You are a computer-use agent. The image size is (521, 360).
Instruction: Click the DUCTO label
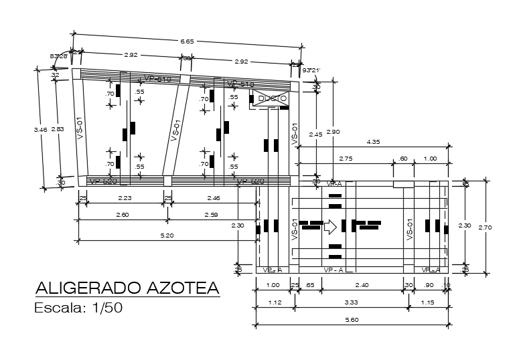[x=273, y=98]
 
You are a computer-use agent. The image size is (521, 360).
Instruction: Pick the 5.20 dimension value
[x=167, y=235]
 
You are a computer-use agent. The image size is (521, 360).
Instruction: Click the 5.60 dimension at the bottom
[x=352, y=320]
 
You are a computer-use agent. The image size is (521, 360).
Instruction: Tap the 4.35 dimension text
[x=374, y=141]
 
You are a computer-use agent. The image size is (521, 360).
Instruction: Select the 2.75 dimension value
[x=346, y=158]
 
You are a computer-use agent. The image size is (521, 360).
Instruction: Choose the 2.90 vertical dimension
[x=328, y=132]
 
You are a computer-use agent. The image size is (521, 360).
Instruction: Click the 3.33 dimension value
[x=352, y=302]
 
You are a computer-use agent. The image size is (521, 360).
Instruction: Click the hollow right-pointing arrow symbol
[x=329, y=226]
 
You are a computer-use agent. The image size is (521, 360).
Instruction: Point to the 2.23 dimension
[x=125, y=197]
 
